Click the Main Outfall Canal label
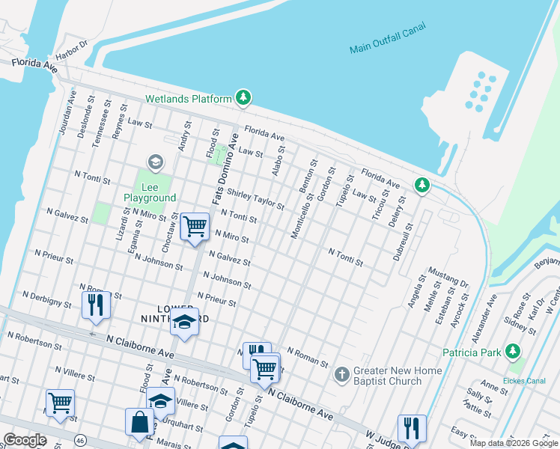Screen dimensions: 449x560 pyautogui.click(x=387, y=39)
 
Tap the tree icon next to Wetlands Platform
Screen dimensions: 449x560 pyautogui.click(x=243, y=97)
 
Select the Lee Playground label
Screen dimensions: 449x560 pyautogui.click(x=150, y=192)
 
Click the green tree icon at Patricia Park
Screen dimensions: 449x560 pyautogui.click(x=513, y=351)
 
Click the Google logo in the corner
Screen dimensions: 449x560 pyautogui.click(x=24, y=440)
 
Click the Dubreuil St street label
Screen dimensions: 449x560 pyautogui.click(x=403, y=240)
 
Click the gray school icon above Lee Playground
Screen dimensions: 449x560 pyautogui.click(x=155, y=162)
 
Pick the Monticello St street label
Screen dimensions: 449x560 pyautogui.click(x=302, y=216)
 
